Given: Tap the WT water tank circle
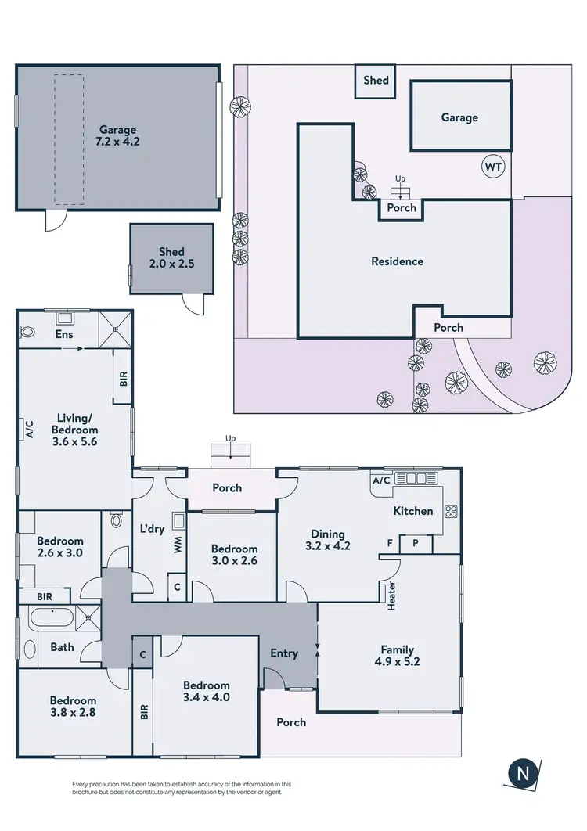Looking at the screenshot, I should pyautogui.click(x=493, y=167).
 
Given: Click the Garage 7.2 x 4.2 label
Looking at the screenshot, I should pyautogui.click(x=117, y=136).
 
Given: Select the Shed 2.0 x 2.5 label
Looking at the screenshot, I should pyautogui.click(x=171, y=258).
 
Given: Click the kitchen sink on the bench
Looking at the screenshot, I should pyautogui.click(x=420, y=479).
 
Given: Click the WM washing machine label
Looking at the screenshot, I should pyautogui.click(x=178, y=545).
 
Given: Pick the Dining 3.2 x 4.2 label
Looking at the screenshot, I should pyautogui.click(x=328, y=540).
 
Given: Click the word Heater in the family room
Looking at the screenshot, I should pyautogui.click(x=391, y=596).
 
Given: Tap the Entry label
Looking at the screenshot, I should pyautogui.click(x=284, y=653).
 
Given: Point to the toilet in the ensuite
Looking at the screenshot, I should pyautogui.click(x=28, y=332).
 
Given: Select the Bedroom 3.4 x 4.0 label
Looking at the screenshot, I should pyautogui.click(x=207, y=691).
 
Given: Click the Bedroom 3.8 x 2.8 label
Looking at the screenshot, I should pyautogui.click(x=74, y=707).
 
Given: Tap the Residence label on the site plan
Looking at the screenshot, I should pyautogui.click(x=397, y=261).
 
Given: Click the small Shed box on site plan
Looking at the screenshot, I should pyautogui.click(x=376, y=81).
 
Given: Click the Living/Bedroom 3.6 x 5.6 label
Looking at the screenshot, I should pyautogui.click(x=74, y=430).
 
